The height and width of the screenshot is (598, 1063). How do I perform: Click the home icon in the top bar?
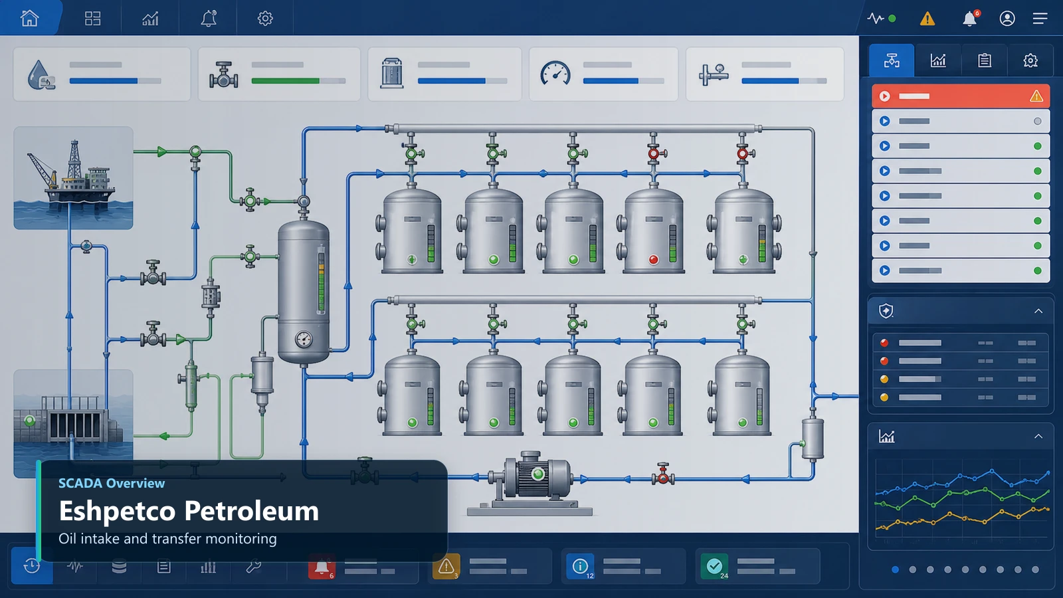tap(29, 18)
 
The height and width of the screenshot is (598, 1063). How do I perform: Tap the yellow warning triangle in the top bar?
tap(927, 19)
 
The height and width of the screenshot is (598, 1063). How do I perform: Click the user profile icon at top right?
tap(1007, 19)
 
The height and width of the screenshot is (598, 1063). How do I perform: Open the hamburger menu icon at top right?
tap(1040, 19)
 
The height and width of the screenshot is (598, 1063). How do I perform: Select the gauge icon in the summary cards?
tap(555, 74)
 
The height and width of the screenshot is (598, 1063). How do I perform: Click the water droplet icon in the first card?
tap(41, 74)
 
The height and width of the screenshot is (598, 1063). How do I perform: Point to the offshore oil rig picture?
tap(73, 178)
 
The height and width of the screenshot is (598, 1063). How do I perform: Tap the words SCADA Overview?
tap(112, 483)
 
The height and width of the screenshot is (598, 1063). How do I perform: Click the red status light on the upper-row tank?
tap(654, 260)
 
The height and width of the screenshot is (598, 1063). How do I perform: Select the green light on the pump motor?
tap(537, 474)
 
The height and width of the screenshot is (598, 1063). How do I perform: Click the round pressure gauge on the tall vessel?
tap(304, 340)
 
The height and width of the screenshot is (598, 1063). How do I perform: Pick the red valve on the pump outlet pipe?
tap(663, 474)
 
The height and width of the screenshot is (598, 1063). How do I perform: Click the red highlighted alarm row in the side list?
tap(961, 96)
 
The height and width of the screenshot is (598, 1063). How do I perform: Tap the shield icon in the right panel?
tap(886, 312)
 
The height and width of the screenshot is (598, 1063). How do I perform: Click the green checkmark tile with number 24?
tap(714, 566)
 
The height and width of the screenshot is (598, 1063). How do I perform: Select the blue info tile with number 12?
tap(580, 566)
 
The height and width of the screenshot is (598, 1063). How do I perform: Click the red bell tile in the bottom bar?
tap(322, 566)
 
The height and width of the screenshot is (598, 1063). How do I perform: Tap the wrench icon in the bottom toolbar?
tap(253, 566)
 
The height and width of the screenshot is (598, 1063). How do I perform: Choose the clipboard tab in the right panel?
tap(984, 60)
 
